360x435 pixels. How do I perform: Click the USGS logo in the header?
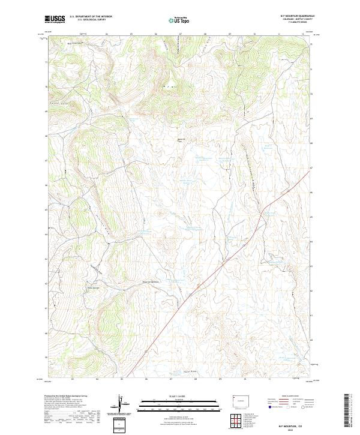pyautogui.click(x=56, y=19)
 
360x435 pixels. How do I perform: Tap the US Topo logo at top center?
pyautogui.click(x=180, y=20)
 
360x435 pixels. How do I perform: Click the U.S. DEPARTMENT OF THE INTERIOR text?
pyautogui.click(x=91, y=17)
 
